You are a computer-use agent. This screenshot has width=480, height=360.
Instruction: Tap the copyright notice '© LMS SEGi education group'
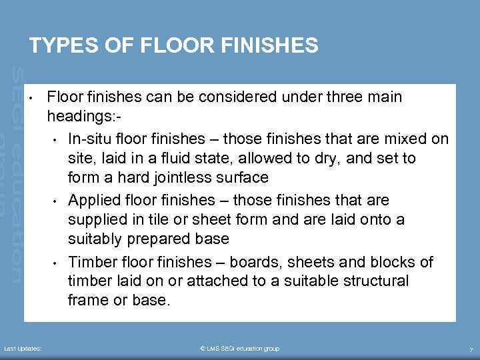(239, 349)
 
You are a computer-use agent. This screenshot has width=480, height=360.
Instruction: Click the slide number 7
(471, 349)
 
